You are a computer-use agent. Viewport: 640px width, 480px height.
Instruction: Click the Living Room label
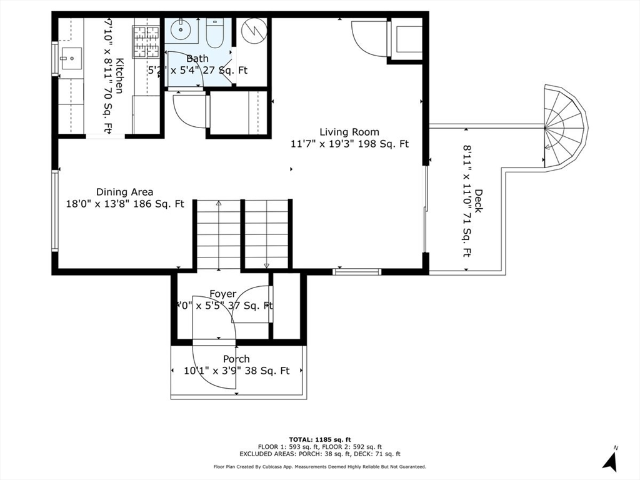[349, 132]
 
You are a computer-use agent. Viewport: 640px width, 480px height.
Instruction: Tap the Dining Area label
[124, 192]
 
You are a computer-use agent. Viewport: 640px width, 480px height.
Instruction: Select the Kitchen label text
[119, 76]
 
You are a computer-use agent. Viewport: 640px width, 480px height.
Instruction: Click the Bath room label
[197, 58]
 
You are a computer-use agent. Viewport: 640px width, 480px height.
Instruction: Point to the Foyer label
[222, 294]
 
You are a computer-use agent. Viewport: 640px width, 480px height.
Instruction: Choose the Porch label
[236, 359]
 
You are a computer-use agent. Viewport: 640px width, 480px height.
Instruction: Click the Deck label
[478, 201]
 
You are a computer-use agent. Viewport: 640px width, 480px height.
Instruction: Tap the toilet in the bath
[212, 33]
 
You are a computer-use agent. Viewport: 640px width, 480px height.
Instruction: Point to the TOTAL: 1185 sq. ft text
[319, 439]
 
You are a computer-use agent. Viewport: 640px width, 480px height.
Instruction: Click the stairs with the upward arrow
[219, 234]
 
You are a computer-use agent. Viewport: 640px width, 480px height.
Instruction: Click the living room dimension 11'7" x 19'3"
[349, 144]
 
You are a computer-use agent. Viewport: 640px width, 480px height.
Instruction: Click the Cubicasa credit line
[319, 467]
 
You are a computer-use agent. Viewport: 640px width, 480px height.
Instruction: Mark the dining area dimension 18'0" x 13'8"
[124, 204]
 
